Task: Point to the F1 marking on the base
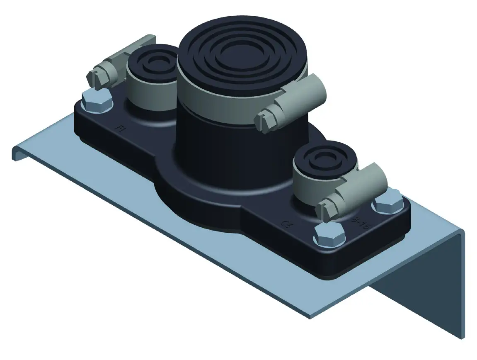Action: point(120,129)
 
